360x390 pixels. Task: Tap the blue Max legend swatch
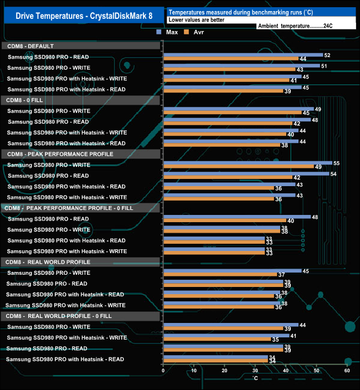point(158,33)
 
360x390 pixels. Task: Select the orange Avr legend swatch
point(187,33)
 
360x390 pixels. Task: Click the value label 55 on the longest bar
point(336,163)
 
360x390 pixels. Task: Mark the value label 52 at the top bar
point(327,55)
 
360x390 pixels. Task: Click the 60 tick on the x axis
point(347,371)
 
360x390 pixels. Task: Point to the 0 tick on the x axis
point(163,371)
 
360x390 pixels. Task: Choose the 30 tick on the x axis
point(255,371)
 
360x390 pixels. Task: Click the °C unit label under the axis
point(255,378)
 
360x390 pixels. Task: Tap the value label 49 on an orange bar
point(318,167)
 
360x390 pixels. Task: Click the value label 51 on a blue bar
point(324,66)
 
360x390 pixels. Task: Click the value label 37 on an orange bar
point(281,275)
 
